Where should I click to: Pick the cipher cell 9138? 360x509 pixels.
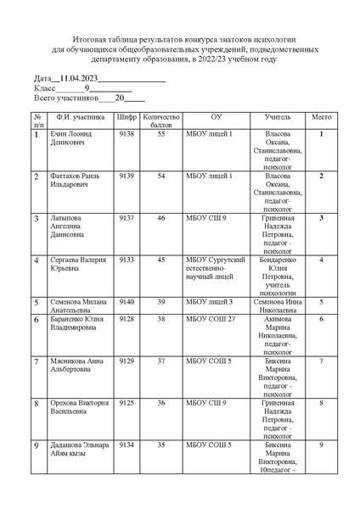pos(127,134)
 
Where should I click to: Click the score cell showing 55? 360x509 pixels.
pos(160,134)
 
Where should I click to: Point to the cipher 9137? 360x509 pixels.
pos(127,218)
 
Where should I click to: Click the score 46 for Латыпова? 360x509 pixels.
pos(160,218)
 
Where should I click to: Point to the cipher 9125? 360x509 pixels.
pos(127,402)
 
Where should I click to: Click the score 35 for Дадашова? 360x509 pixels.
pos(160,444)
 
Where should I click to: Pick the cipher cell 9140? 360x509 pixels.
pos(127,301)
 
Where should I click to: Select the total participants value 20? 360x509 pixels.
pos(120,98)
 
